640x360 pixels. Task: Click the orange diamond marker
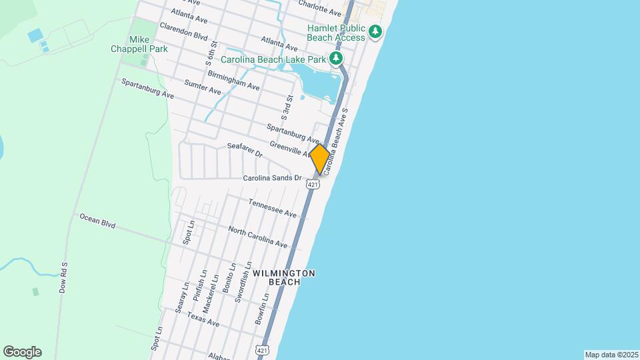319,159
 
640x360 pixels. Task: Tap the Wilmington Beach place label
284,277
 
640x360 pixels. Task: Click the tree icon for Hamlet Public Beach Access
376,31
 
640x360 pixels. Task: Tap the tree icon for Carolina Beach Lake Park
337,59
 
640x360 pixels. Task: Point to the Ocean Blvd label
97,221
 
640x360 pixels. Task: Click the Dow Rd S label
64,277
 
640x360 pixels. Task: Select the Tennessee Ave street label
272,208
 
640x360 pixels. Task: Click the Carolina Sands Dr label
272,179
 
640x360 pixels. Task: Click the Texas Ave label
203,319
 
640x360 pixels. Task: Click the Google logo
22,352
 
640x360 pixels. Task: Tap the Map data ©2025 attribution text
611,355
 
